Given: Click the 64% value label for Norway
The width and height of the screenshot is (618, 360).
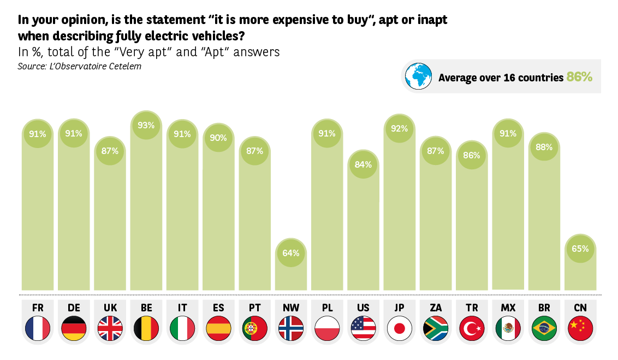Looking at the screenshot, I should (x=290, y=253).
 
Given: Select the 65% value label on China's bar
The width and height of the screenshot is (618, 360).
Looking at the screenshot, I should (x=580, y=249).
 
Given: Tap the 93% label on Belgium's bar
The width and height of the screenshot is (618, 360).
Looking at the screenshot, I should (x=146, y=125).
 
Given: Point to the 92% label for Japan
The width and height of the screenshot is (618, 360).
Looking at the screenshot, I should (x=399, y=128).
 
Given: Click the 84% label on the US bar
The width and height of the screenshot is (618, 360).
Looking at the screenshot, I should (x=363, y=164).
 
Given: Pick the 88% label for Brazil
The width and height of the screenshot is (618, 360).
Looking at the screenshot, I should (x=544, y=147).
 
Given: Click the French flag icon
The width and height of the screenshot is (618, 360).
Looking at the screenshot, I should (x=38, y=328).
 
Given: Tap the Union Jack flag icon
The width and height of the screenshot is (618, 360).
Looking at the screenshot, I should (x=110, y=328).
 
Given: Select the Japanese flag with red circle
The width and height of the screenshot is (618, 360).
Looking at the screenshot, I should (x=399, y=328).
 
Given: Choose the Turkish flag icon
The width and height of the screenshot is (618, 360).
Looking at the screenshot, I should (x=472, y=328).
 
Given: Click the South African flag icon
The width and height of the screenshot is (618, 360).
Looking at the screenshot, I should (x=435, y=328).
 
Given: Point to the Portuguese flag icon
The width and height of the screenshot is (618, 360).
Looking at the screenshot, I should (x=254, y=328).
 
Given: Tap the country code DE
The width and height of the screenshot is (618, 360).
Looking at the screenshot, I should (x=74, y=308).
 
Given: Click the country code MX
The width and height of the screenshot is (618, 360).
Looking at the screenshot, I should (x=508, y=308).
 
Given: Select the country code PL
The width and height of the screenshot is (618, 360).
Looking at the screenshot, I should (x=327, y=308).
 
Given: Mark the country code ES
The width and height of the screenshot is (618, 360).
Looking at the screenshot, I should (x=218, y=308).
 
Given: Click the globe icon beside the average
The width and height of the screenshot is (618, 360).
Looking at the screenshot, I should (x=418, y=76).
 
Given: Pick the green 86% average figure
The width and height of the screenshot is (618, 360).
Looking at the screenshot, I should (x=579, y=77).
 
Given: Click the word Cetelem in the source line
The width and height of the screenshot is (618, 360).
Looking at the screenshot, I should (x=126, y=67).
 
